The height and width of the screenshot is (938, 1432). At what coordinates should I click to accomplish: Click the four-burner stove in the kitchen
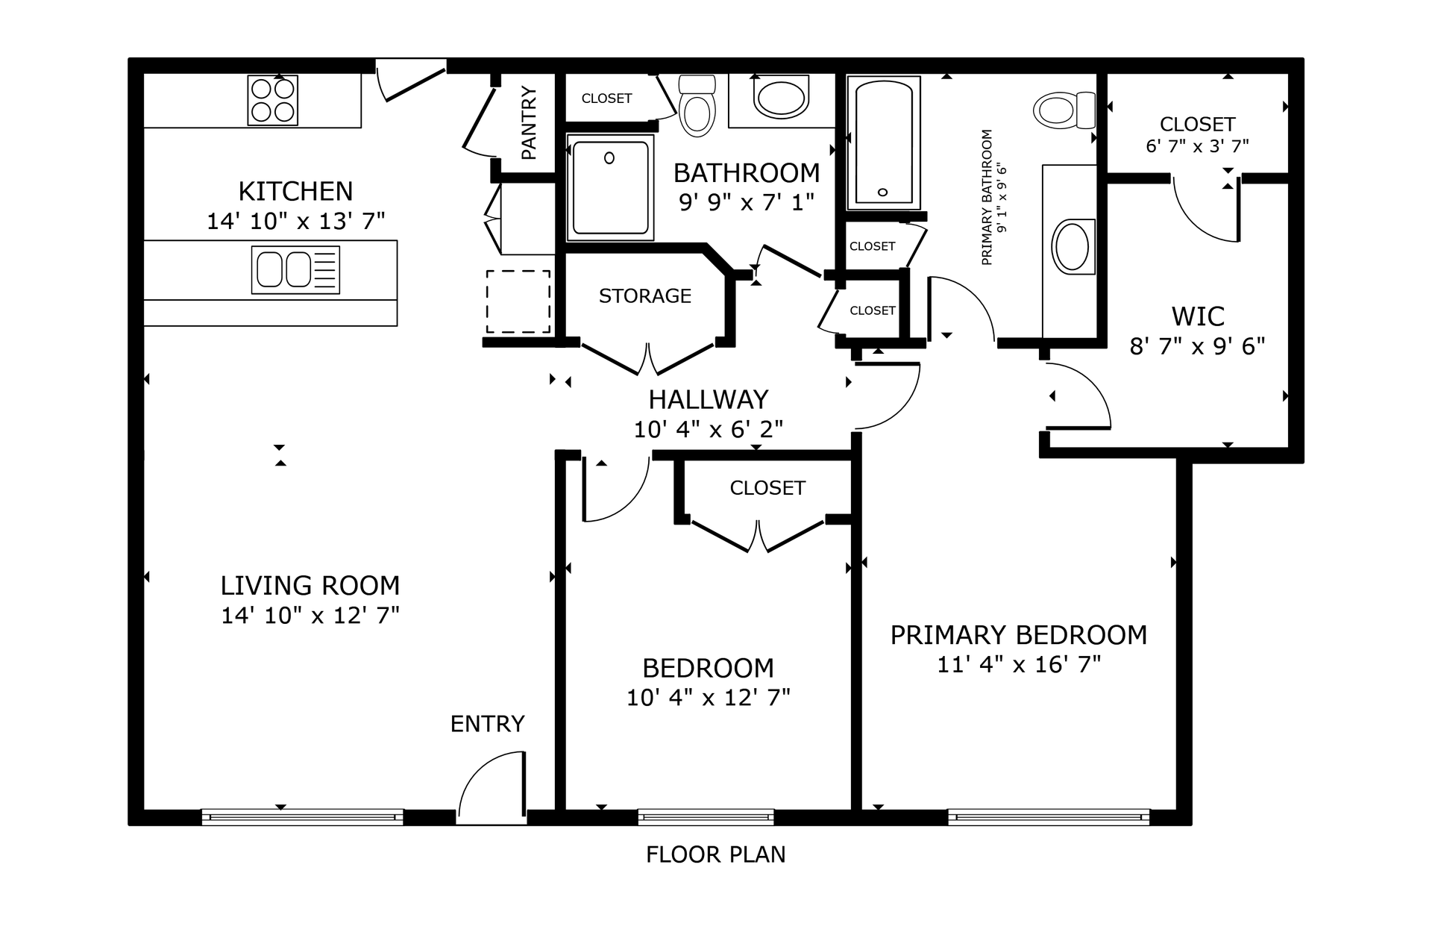[272, 100]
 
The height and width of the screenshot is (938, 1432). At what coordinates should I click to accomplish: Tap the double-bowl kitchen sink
[295, 269]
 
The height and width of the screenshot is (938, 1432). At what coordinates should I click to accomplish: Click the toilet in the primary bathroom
[1064, 110]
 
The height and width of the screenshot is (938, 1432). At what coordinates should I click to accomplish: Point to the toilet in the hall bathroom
[697, 105]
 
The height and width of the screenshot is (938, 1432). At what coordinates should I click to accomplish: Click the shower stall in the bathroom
[610, 187]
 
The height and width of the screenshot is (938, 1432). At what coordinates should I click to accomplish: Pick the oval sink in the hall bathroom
[781, 96]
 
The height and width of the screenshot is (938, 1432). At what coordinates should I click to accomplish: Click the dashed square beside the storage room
[518, 301]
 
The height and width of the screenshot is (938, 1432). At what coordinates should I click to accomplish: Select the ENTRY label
[488, 724]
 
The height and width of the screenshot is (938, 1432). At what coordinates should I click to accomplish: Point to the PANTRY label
[529, 122]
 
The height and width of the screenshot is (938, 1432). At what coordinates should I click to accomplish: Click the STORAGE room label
[645, 296]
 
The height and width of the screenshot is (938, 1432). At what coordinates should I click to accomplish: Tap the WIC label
[1198, 316]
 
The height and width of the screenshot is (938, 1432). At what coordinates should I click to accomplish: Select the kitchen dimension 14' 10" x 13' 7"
[296, 221]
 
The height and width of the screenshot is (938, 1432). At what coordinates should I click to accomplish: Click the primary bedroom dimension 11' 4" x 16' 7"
[1019, 664]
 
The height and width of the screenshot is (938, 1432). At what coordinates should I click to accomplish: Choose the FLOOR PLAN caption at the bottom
[716, 854]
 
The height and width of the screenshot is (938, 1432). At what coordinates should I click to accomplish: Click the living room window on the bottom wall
[303, 817]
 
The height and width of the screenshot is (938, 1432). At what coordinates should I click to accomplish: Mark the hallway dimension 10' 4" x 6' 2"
[709, 429]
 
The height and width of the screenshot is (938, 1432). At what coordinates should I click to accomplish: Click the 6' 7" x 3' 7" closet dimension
[1198, 146]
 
